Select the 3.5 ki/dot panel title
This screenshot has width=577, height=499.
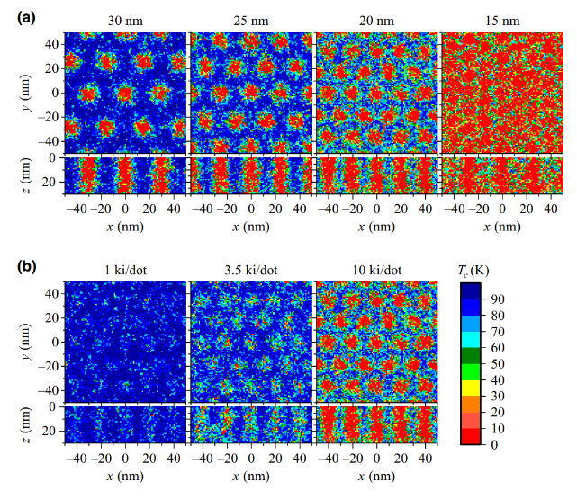(x=251, y=270)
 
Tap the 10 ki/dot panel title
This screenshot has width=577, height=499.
(x=377, y=270)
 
